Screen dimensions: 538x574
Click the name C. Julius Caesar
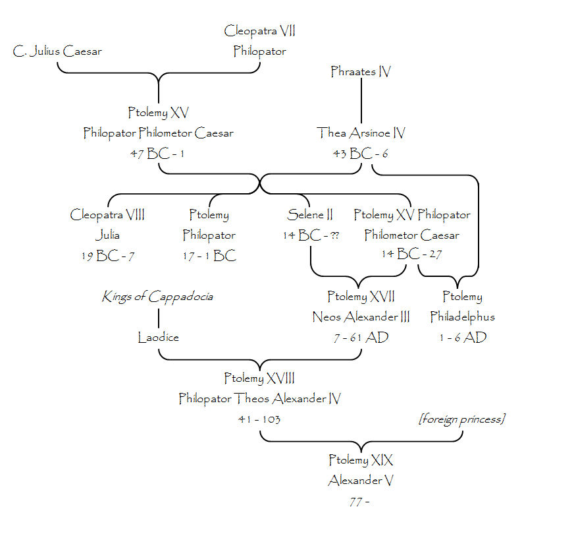click(x=57, y=51)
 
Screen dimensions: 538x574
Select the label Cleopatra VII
click(x=259, y=30)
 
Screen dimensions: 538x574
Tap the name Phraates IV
click(x=361, y=71)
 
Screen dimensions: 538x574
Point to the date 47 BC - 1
click(x=158, y=154)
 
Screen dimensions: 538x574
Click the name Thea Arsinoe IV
click(x=361, y=133)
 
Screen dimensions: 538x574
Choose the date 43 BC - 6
click(x=361, y=154)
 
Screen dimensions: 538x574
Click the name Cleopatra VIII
click(x=107, y=215)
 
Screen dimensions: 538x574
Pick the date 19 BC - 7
click(x=107, y=256)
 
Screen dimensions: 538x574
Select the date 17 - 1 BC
click(x=209, y=256)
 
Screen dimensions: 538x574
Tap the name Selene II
click(x=310, y=215)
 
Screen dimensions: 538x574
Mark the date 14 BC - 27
click(x=412, y=255)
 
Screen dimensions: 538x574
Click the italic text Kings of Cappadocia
click(x=157, y=297)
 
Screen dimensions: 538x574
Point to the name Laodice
click(x=158, y=338)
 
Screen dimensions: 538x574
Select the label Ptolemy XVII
click(x=361, y=297)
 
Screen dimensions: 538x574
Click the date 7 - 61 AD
click(x=361, y=338)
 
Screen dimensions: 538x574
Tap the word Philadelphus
click(x=462, y=317)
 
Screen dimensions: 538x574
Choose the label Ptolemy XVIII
click(x=259, y=378)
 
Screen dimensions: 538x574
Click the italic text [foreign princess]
click(x=462, y=419)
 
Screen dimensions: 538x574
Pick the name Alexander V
click(x=361, y=481)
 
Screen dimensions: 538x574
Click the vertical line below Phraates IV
click(x=361, y=102)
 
